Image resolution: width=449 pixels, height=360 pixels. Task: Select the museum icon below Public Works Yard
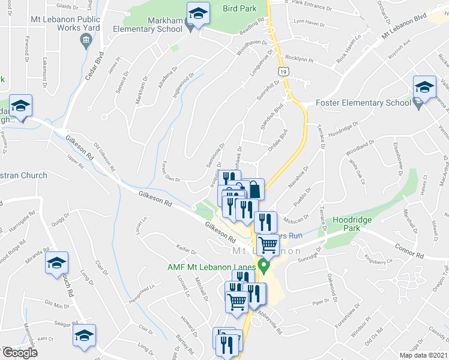click(x=85, y=41)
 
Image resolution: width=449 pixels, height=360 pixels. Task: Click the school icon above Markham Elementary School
click(x=197, y=13)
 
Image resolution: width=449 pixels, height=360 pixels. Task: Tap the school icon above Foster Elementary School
click(x=424, y=88)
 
